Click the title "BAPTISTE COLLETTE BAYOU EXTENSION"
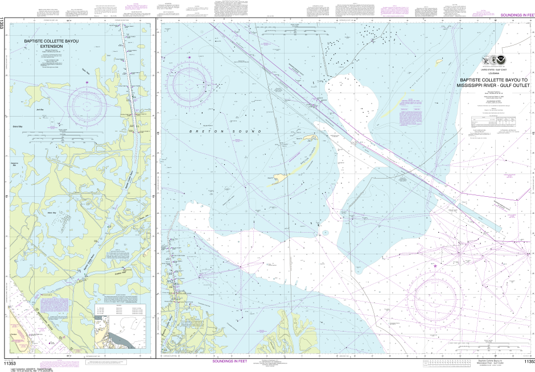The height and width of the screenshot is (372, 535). (x=48, y=44)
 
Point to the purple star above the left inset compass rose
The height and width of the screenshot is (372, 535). (x=87, y=83)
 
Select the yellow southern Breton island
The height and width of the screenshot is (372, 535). (x=278, y=178)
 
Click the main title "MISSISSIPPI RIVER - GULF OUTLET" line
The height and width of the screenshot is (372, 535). (x=493, y=86)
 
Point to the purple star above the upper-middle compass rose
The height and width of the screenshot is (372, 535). (x=190, y=57)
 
